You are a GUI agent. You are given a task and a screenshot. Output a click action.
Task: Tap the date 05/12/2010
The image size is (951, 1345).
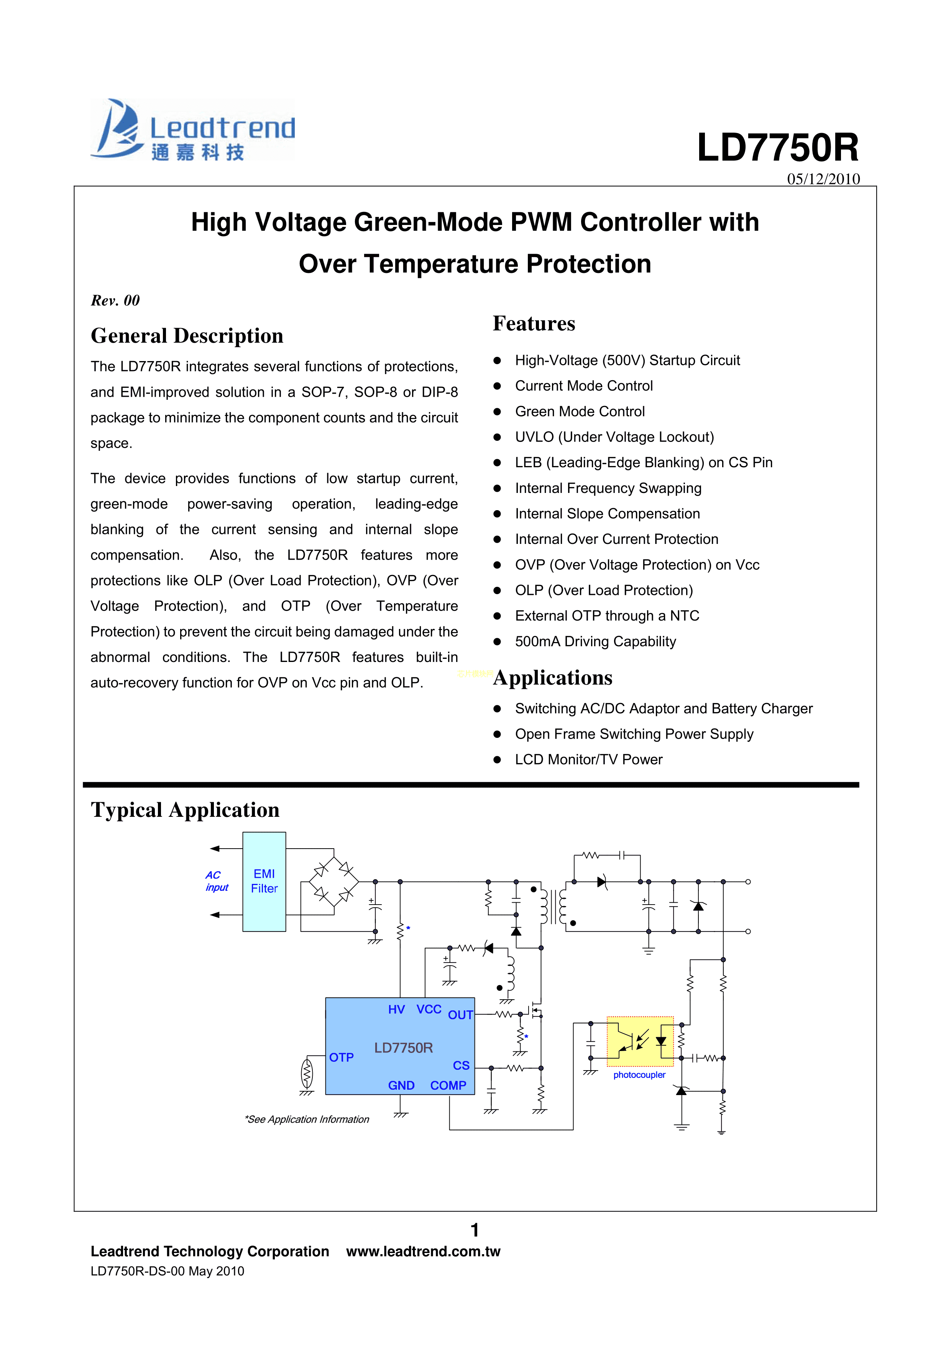(823, 179)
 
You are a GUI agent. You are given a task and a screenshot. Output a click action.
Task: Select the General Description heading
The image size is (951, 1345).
(187, 336)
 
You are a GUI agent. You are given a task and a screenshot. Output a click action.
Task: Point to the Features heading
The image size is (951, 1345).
(534, 324)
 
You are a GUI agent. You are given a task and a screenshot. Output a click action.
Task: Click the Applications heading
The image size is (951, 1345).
(553, 678)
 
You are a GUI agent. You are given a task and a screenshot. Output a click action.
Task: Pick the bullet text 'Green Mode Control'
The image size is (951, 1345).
(580, 412)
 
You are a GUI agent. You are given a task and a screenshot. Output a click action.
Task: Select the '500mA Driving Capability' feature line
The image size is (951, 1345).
(595, 641)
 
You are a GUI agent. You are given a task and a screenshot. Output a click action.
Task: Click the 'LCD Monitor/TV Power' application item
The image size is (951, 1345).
(588, 760)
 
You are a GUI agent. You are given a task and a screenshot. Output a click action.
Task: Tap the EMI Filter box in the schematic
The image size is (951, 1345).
(264, 882)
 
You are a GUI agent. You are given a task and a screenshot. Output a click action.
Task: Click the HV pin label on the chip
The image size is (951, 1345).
(396, 1009)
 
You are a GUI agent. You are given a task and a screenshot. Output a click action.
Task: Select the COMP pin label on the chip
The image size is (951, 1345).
(448, 1086)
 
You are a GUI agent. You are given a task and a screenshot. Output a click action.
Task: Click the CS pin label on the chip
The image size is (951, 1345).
(461, 1066)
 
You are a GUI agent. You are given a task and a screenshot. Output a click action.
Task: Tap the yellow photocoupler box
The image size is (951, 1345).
(640, 1041)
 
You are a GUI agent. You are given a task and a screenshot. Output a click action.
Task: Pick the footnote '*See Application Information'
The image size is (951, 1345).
(307, 1120)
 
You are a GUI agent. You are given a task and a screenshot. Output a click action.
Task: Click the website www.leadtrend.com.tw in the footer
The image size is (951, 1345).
(423, 1252)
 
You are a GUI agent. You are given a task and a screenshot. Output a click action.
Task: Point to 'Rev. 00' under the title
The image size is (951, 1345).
(115, 301)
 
